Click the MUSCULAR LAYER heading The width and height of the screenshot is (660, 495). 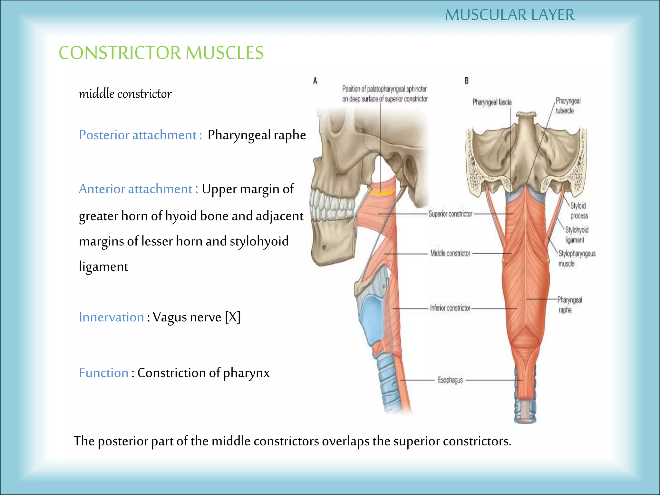click(x=510, y=15)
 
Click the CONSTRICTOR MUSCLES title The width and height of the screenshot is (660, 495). click(x=161, y=53)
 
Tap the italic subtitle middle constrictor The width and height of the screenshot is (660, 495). click(x=125, y=94)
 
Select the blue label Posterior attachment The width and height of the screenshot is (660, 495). click(x=138, y=135)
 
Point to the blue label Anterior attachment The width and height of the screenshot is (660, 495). click(x=136, y=189)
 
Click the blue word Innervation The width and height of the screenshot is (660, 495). click(x=111, y=317)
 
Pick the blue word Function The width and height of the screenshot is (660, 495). click(x=104, y=373)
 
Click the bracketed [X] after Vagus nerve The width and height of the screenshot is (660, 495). click(x=233, y=317)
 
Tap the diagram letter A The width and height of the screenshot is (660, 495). click(x=315, y=81)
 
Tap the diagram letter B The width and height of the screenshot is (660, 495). click(x=466, y=81)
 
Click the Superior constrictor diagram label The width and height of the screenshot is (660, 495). click(x=450, y=214)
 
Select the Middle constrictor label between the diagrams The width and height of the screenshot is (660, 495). click(x=450, y=253)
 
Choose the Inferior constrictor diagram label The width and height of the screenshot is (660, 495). click(x=450, y=308)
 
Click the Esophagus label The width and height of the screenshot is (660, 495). click(x=450, y=380)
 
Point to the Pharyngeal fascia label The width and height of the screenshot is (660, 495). click(x=492, y=102)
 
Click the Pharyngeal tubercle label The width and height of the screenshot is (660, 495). click(x=568, y=106)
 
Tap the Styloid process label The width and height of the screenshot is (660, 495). click(x=579, y=211)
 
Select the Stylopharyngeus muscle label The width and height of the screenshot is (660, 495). click(x=577, y=258)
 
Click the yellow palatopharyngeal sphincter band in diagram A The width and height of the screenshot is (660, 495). click(x=382, y=192)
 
